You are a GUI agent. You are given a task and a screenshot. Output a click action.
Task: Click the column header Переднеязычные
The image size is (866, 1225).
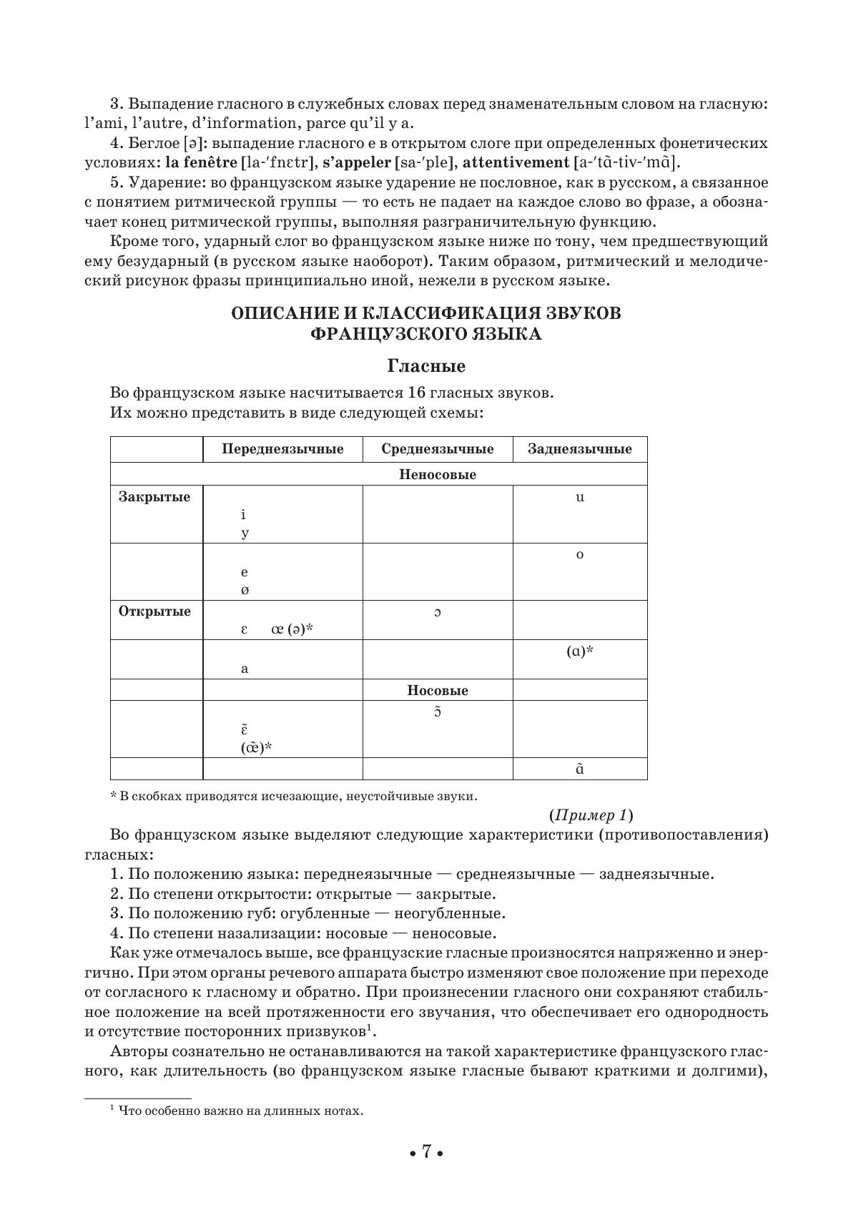(282, 449)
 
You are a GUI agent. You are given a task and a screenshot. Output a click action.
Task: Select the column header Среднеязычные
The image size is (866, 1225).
(438, 449)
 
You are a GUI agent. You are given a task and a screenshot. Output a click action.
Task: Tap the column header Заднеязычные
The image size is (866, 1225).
(580, 449)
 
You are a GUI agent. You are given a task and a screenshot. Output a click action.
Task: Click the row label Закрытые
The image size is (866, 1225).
(154, 497)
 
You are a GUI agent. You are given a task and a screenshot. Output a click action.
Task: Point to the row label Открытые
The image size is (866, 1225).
(154, 611)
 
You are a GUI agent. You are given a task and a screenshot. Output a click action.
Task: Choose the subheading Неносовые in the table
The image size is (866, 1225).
(438, 474)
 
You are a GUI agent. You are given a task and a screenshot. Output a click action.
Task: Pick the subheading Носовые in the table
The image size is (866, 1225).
(438, 690)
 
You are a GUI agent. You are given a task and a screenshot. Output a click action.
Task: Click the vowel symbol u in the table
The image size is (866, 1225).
(580, 497)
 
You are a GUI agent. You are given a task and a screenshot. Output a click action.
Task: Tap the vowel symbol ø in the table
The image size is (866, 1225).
(245, 591)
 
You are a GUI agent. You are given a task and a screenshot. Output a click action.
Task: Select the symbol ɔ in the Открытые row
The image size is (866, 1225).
(438, 612)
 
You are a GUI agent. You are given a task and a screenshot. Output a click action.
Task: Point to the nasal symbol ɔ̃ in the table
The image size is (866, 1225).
(438, 712)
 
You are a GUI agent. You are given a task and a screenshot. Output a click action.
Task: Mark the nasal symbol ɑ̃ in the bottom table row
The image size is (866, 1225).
(580, 769)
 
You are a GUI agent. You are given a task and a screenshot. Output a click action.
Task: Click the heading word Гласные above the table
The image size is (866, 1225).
(426, 366)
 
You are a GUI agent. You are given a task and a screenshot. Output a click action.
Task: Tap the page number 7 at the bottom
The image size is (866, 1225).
(426, 1151)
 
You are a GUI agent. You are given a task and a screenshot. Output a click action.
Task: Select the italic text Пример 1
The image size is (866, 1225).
(591, 815)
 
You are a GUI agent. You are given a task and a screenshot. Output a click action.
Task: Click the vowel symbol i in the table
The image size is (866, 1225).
(244, 515)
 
